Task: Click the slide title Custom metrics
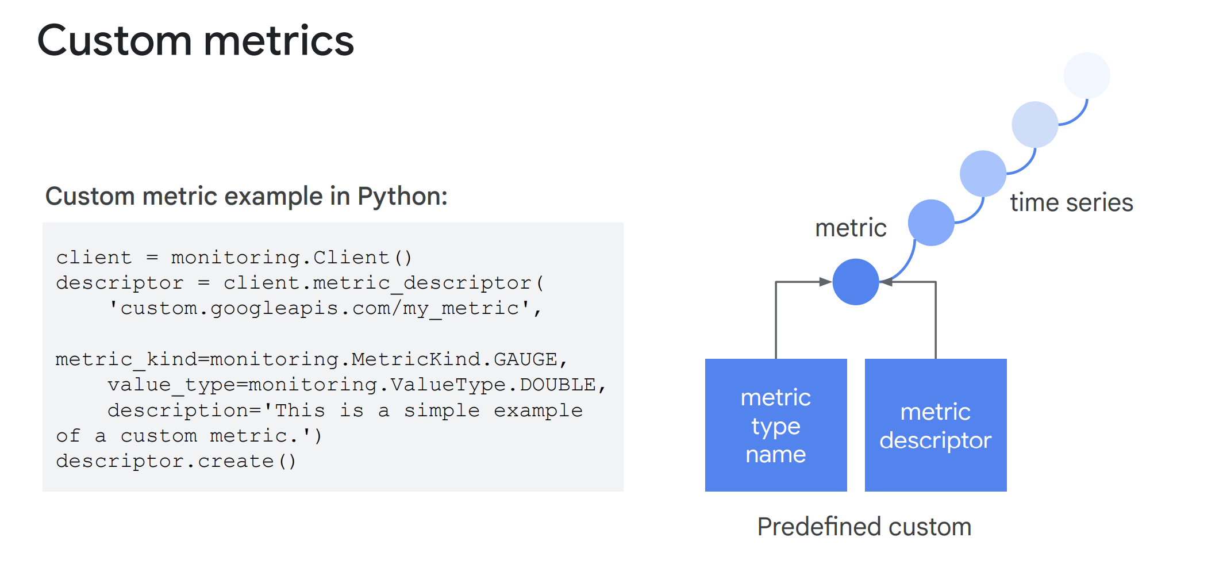click(195, 41)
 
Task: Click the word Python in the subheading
click(402, 197)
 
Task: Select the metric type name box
click(776, 425)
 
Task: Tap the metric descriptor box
click(936, 425)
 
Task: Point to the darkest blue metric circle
click(856, 282)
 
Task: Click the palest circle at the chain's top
click(1087, 75)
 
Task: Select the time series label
click(1071, 202)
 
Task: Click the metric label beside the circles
click(851, 228)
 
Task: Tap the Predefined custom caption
click(864, 527)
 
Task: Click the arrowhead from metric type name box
click(826, 282)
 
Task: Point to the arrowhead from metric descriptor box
click(886, 282)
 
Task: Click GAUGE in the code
click(525, 359)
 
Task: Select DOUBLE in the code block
click(557, 385)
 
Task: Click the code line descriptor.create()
click(176, 461)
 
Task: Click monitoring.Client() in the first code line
click(291, 258)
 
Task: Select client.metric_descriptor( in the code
click(383, 283)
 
